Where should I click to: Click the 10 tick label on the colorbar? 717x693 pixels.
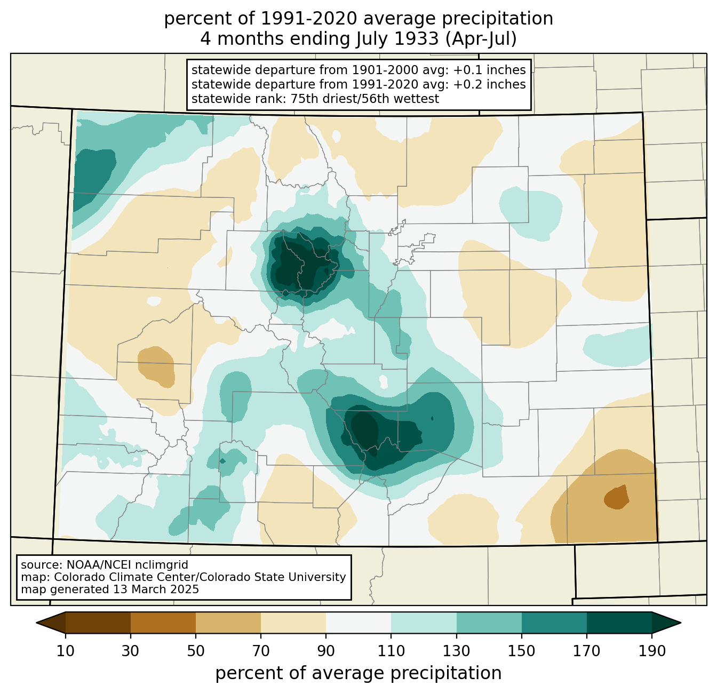66,651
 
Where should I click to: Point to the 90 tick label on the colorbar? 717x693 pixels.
326,651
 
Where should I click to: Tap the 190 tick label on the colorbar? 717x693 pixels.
652,651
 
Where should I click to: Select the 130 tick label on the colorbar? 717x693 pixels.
457,651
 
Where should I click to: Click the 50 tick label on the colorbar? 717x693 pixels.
196,651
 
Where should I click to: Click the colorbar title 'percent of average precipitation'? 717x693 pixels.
359,673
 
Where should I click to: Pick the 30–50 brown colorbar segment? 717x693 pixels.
163,623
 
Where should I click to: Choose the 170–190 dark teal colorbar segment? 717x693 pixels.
619,623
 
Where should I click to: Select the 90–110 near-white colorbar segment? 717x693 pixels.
359,623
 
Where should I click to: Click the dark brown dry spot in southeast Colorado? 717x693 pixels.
617,498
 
